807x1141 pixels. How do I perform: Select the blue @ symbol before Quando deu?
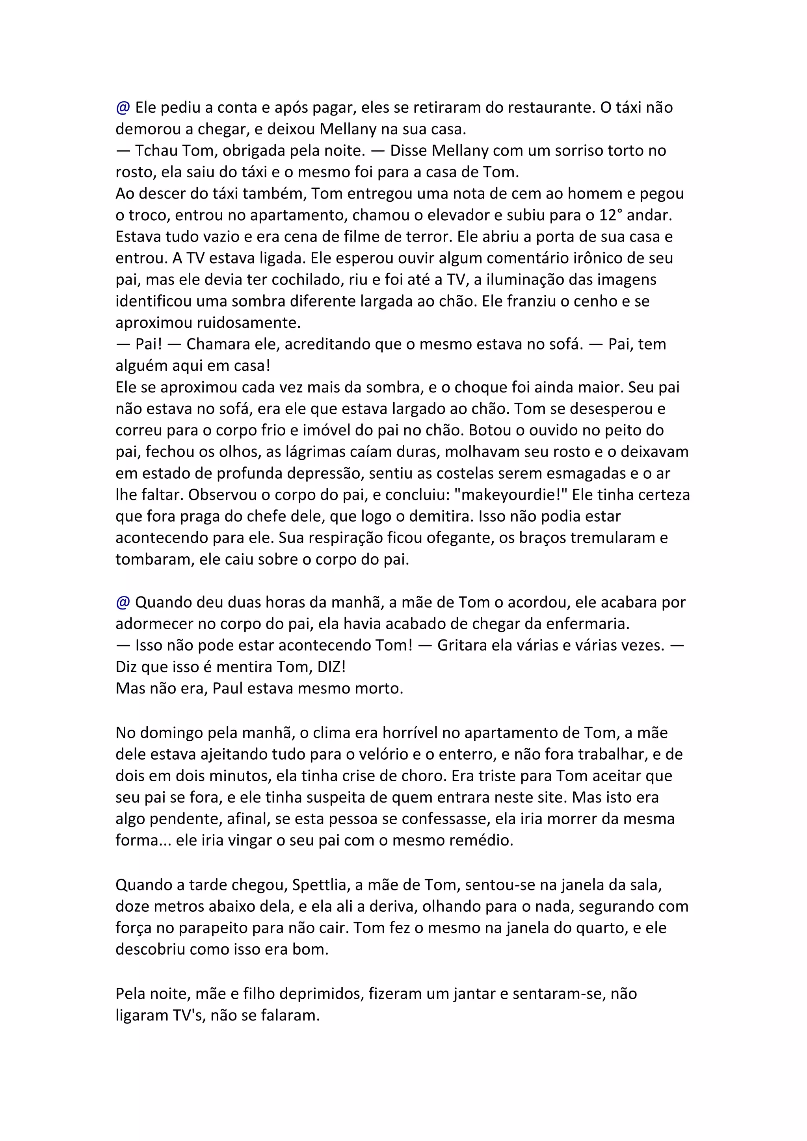tap(123, 602)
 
